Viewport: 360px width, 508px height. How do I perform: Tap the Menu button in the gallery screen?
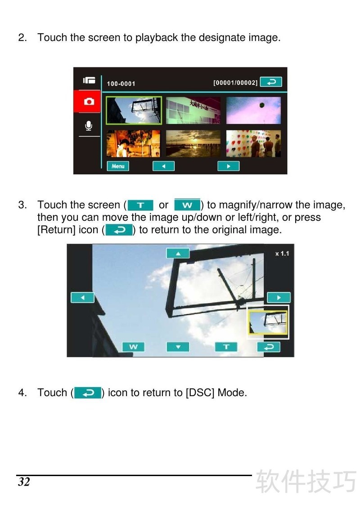click(118, 166)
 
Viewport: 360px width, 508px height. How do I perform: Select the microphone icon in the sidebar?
click(89, 126)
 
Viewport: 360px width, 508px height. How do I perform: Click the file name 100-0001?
click(121, 84)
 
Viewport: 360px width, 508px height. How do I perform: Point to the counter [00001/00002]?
click(235, 83)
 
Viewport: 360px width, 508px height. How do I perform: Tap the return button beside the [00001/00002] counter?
click(271, 82)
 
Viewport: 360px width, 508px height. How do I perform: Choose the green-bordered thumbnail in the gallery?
click(134, 110)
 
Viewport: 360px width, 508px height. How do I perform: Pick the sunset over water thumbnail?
click(193, 143)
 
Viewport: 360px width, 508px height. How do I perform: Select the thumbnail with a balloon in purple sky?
click(253, 110)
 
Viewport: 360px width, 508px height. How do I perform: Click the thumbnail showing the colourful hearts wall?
click(253, 143)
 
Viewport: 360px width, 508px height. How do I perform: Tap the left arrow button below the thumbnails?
click(163, 166)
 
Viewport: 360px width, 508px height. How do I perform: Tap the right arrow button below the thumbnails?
click(228, 166)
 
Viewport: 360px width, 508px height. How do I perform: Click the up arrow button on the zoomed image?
click(178, 254)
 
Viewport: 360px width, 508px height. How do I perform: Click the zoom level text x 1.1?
click(282, 254)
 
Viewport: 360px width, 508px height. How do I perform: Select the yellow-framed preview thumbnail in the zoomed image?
click(268, 322)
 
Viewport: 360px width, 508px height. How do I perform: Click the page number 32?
click(24, 482)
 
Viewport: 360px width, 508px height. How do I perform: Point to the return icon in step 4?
click(88, 393)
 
